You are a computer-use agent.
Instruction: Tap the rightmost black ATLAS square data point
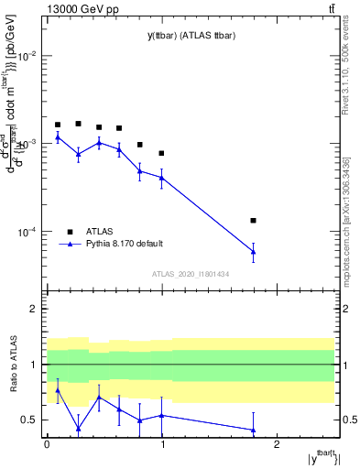coord(253,221)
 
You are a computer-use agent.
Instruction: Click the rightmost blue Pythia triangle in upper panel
coord(253,252)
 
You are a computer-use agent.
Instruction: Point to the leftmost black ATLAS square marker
coord(58,125)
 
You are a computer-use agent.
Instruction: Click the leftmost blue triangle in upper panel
coord(58,137)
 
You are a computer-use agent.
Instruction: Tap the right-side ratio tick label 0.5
coord(349,420)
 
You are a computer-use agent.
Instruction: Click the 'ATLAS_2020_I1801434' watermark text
coord(190,274)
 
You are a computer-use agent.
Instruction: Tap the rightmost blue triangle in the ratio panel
coord(253,430)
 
